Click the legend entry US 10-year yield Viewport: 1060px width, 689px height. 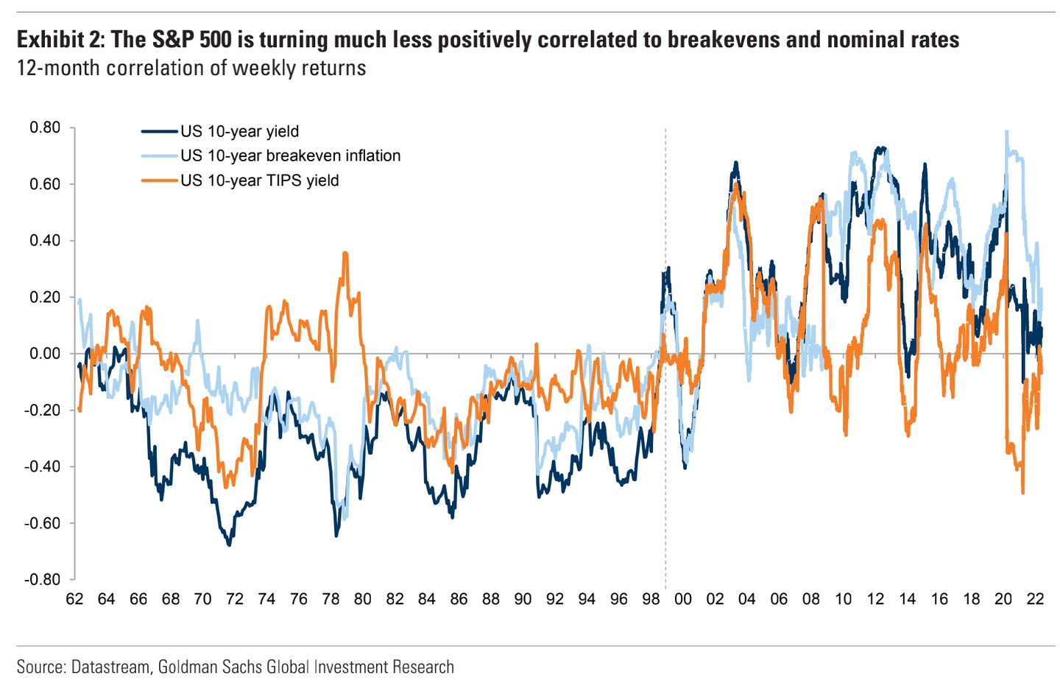[239, 131]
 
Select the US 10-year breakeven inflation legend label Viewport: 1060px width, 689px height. [290, 155]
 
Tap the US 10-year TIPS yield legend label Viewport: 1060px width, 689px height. [259, 181]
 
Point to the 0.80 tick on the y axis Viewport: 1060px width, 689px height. [45, 127]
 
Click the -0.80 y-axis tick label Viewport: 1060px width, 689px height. [43, 579]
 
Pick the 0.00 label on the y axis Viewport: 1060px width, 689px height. [45, 354]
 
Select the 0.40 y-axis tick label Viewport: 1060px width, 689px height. [45, 241]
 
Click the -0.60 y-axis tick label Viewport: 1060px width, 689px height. [43, 523]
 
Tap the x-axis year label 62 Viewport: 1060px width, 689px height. [74, 599]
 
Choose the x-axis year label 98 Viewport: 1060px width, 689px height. [651, 599]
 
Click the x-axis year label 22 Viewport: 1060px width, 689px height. [1035, 599]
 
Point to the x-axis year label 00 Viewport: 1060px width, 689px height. [683, 599]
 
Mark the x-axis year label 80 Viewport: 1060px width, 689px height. [363, 599]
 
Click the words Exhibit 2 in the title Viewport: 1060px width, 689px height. [59, 39]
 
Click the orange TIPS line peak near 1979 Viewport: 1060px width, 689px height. [344, 253]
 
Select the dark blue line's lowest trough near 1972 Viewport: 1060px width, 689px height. [229, 545]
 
